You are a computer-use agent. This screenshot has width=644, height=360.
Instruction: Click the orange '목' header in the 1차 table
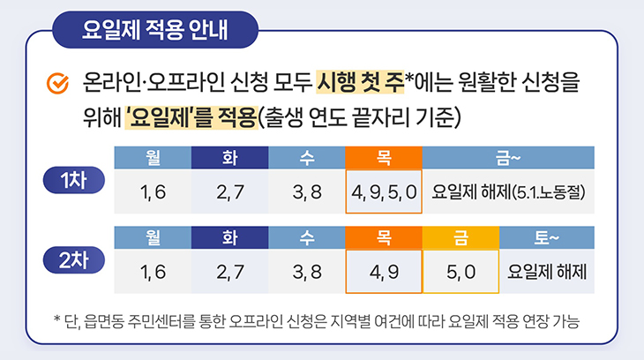pyautogui.click(x=384, y=158)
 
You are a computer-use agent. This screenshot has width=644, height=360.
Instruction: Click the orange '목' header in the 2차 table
pyautogui.click(x=384, y=237)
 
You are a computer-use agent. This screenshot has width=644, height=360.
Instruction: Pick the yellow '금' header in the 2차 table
pyautogui.click(x=461, y=237)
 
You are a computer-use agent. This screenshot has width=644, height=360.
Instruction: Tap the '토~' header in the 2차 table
pyautogui.click(x=547, y=237)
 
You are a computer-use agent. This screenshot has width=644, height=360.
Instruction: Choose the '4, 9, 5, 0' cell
pyautogui.click(x=384, y=191)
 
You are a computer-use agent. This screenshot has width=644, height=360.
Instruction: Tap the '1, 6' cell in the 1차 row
pyautogui.click(x=153, y=191)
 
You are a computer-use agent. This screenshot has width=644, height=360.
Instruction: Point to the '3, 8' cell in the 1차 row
pyautogui.click(x=307, y=191)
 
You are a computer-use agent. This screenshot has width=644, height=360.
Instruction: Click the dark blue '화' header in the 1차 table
pyautogui.click(x=229, y=158)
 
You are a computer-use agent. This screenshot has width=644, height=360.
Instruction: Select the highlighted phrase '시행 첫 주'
pyautogui.click(x=360, y=85)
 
